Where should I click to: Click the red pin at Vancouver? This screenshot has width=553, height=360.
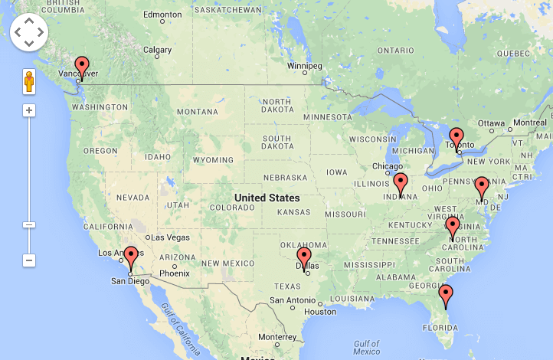81,66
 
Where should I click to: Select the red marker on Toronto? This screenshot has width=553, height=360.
456,138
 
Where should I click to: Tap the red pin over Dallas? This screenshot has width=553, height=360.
304,257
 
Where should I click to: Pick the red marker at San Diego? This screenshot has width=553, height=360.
131,257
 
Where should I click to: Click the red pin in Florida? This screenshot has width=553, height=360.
446,294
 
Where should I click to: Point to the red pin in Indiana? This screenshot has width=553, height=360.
400,183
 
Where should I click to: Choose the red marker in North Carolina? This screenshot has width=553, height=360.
453,227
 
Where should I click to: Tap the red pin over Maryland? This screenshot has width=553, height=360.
481,186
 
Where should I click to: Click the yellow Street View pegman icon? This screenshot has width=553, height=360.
29,81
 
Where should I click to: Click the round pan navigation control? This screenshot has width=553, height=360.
29,31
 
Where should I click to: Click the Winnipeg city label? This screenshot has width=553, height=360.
304,66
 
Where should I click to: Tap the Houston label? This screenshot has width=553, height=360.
319,312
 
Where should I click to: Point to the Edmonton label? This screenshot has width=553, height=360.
162,15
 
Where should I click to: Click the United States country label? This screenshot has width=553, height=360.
267,198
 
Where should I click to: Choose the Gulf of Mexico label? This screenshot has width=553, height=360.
367,348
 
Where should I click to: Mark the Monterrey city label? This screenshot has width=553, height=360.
277,337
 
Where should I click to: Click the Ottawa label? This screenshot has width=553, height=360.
491,123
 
